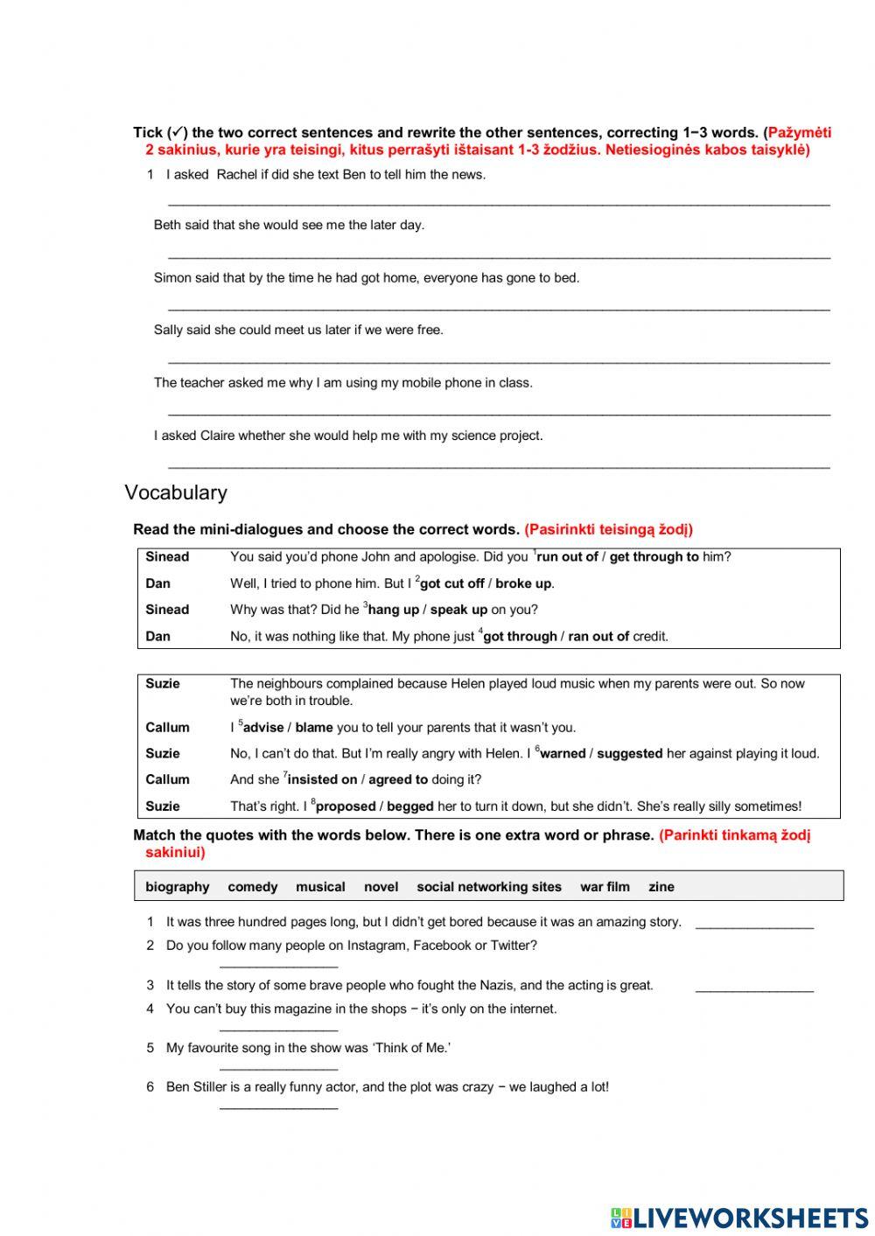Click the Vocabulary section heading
coord(176,492)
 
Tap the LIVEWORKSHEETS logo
coord(738,1217)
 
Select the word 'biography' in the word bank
coord(178,887)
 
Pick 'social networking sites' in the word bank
coord(489,887)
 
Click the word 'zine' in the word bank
coord(661,887)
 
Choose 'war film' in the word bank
coord(605,887)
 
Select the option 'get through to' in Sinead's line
coord(654,557)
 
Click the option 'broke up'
coord(523,583)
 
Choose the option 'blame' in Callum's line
coord(314,728)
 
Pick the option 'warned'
coord(563,754)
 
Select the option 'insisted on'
coord(322,780)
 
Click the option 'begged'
coord(409,807)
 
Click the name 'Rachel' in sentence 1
coord(236,174)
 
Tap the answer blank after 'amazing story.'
coord(754,924)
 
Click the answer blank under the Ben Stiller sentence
coord(278,1107)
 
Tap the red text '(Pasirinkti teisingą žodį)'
coord(608,529)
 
